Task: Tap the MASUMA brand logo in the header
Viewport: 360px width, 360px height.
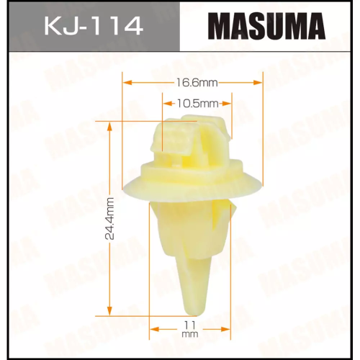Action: coord(269,30)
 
